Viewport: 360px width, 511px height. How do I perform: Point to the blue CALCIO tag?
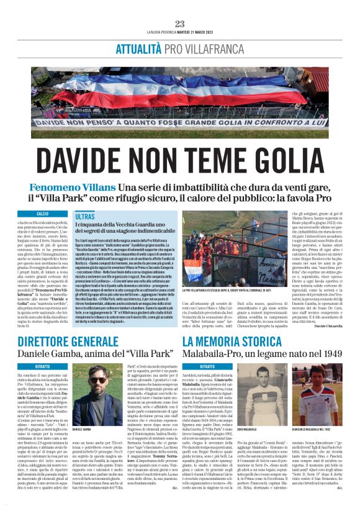click(x=43, y=214)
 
